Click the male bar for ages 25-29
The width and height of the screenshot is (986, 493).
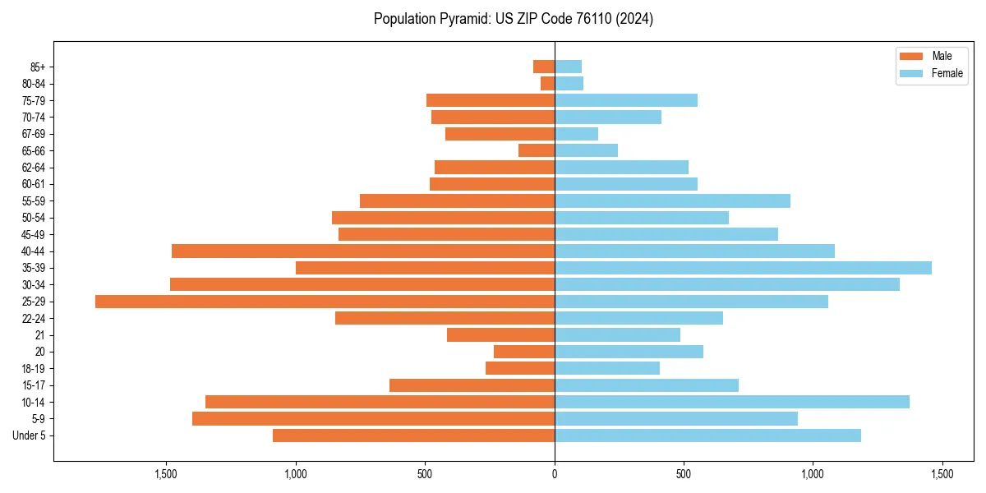[x=325, y=302]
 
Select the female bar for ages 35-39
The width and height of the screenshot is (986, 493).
[x=743, y=268]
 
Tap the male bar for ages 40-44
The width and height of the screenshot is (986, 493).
[x=363, y=251]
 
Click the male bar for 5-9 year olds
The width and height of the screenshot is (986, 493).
[x=373, y=418]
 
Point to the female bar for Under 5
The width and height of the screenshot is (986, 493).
[x=707, y=435]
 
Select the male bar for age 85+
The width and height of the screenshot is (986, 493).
[x=544, y=67]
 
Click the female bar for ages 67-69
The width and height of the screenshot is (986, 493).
[x=576, y=134]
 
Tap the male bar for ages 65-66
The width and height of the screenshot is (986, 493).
[x=537, y=150]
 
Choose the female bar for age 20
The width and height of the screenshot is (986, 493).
[x=629, y=352]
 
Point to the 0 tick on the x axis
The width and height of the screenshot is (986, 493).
[x=555, y=474]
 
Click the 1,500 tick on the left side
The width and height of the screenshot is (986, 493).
[x=166, y=474]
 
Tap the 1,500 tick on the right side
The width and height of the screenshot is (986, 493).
[x=942, y=474]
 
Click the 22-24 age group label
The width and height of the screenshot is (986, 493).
[x=34, y=318]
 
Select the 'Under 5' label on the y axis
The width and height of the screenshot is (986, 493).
[x=30, y=435]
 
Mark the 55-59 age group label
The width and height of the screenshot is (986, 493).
[x=34, y=200]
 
